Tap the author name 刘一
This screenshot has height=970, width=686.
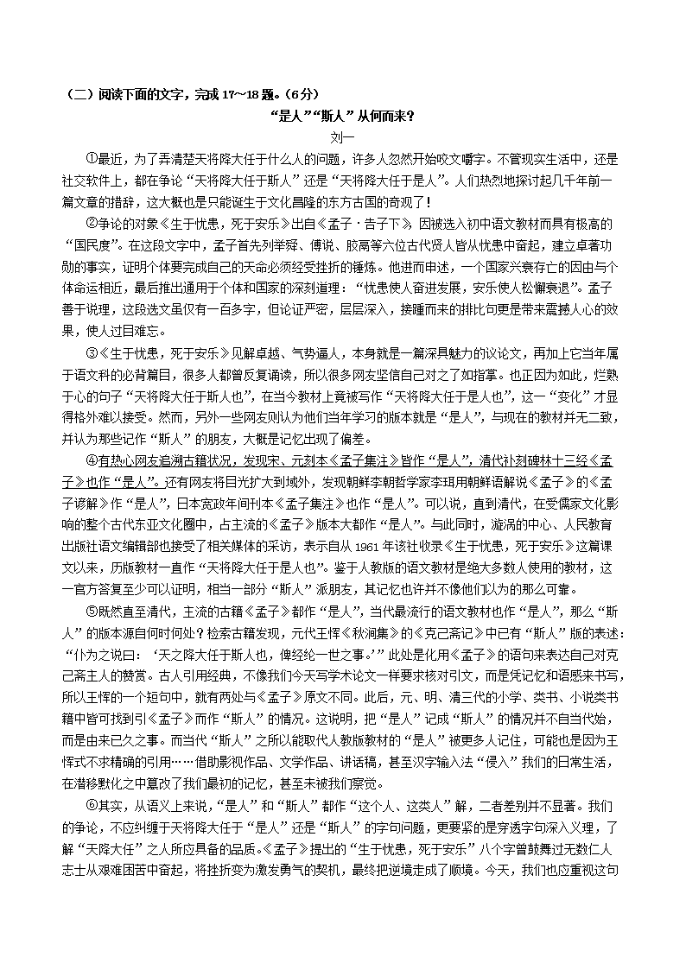[x=343, y=136]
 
